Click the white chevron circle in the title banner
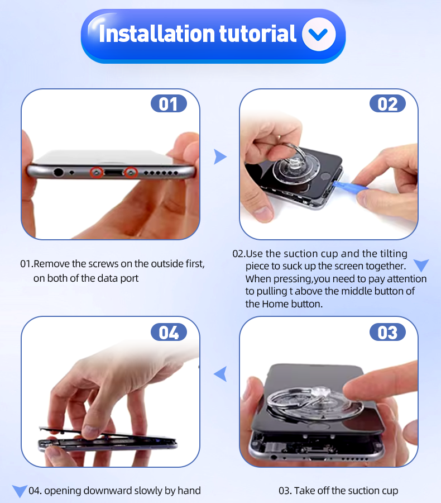[319, 34]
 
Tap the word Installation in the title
[157, 34]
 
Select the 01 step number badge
[169, 103]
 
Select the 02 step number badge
[387, 103]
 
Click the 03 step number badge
[387, 332]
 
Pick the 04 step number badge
[169, 332]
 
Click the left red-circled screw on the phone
[97, 173]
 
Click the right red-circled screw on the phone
[131, 173]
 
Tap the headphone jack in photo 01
[58, 172]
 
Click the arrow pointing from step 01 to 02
[220, 157]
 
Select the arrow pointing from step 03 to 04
[220, 374]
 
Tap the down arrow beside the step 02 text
[421, 265]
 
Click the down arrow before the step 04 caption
[20, 491]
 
